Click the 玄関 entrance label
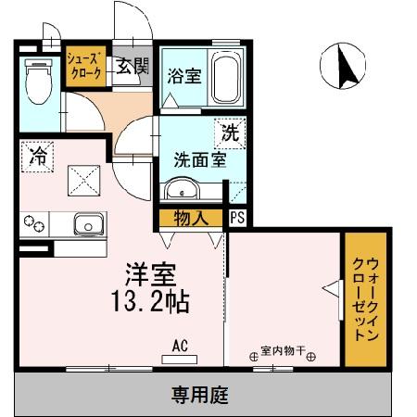pos(130,67)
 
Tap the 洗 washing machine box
pos(230,131)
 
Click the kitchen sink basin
pos(89,223)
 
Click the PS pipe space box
pos(237,219)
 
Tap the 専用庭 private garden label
pos(198,396)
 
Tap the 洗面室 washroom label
pos(199,158)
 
